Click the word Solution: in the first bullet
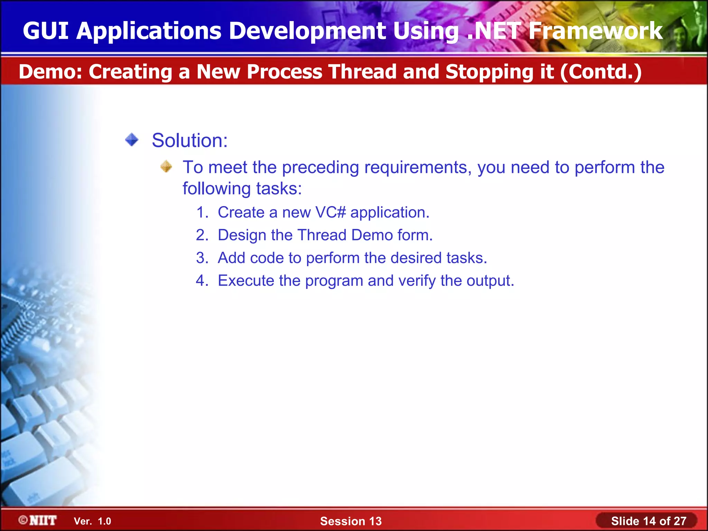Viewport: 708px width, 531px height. (x=189, y=141)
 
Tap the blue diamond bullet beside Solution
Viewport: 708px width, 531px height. (x=132, y=140)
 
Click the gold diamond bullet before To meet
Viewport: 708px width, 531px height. (x=166, y=167)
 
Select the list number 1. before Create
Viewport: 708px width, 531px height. (x=202, y=212)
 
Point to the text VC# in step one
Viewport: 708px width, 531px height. (x=330, y=212)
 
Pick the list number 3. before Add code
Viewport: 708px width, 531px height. (x=202, y=258)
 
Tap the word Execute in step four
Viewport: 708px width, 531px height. (x=246, y=280)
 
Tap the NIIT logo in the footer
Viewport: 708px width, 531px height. (x=38, y=520)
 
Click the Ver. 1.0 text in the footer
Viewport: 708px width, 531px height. (x=92, y=521)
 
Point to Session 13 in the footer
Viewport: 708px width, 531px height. (x=351, y=521)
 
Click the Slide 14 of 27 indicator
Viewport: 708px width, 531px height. (x=648, y=521)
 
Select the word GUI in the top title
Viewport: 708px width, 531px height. (x=45, y=31)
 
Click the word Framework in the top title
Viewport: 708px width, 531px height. (x=595, y=31)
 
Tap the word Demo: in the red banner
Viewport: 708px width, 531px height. (x=50, y=72)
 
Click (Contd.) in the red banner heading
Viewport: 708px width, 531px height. (x=601, y=72)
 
